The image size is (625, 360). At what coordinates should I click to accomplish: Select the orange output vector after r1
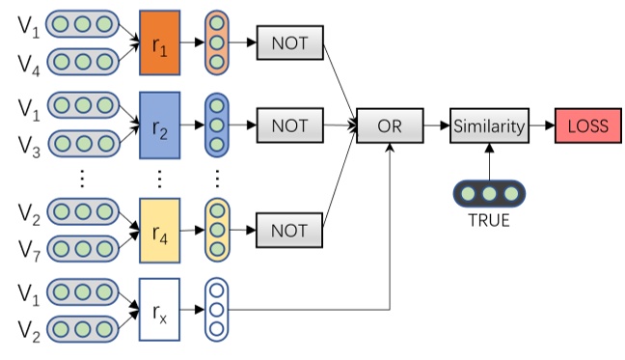(218, 42)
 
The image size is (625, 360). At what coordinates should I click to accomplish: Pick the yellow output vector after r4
(218, 231)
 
